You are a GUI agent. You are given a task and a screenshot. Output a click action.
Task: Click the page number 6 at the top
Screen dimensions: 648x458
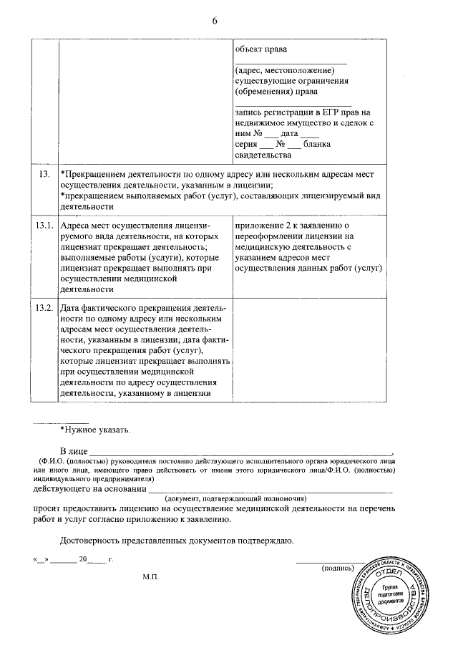214,20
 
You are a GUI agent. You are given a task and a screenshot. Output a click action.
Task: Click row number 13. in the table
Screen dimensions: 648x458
43,174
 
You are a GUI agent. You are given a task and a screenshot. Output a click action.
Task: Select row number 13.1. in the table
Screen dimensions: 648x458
44,225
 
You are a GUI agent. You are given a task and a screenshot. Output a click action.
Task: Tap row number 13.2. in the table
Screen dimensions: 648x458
44,308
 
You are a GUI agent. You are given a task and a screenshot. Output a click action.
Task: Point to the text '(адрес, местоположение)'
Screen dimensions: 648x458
285,70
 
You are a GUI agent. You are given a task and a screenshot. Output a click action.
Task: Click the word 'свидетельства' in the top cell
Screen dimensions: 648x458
263,155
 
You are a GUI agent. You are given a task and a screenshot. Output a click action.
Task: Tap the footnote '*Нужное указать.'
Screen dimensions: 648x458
95,430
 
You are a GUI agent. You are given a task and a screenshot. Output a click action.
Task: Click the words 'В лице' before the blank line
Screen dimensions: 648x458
74,450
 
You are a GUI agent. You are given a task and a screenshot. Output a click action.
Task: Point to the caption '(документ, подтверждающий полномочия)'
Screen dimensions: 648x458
235,498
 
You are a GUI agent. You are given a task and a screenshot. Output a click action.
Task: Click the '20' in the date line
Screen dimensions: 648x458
83,558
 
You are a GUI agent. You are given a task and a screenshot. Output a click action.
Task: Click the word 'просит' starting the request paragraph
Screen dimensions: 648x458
47,508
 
